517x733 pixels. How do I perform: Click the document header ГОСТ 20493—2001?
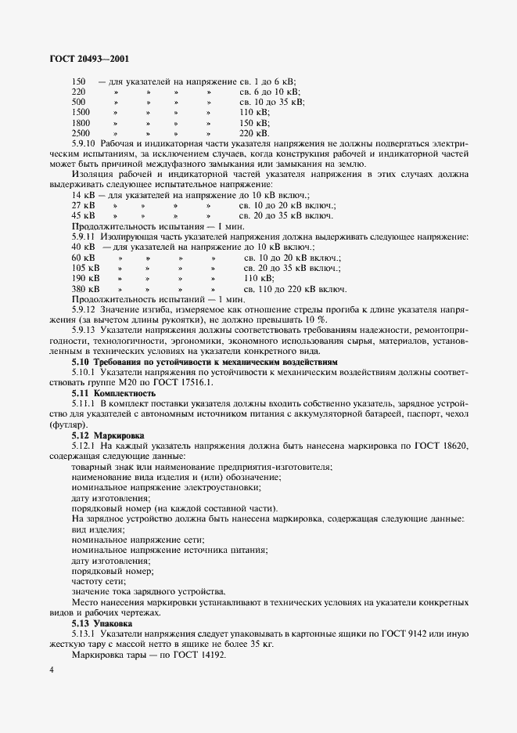[x=80, y=58]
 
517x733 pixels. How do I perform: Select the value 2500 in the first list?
[x=81, y=133]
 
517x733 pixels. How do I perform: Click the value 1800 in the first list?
[x=81, y=123]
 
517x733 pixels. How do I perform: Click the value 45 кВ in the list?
[x=84, y=215]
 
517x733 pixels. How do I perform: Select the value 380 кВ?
[x=85, y=288]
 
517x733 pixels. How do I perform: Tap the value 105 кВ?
[x=85, y=267]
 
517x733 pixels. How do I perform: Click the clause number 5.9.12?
[x=84, y=309]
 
